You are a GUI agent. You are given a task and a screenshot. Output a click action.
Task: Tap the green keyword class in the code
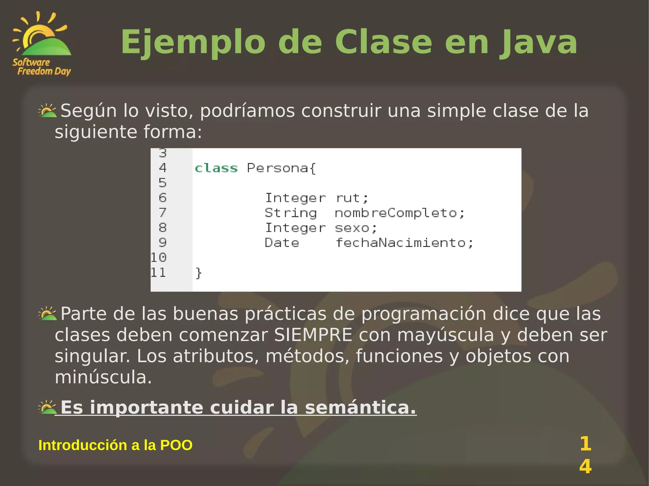point(216,168)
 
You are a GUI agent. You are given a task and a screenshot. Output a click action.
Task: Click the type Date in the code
point(282,243)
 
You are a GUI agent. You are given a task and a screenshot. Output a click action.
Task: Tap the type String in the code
point(291,213)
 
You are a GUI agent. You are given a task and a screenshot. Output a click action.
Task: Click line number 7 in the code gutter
point(163,212)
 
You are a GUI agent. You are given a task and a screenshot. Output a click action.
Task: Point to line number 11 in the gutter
point(158,273)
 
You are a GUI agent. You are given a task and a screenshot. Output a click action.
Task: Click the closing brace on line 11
point(199,273)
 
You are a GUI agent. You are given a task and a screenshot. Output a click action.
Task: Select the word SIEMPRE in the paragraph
point(313,335)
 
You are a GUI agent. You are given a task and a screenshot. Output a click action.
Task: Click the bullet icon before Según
point(48,110)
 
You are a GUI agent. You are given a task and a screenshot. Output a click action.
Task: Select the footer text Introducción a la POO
point(115,445)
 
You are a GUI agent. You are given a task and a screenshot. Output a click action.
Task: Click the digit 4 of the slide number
point(585,467)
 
